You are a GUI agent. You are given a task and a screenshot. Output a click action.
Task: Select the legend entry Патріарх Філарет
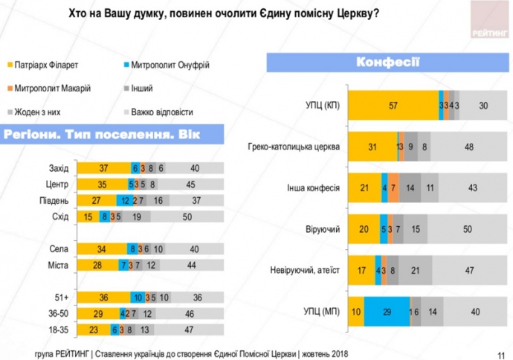click(x=41, y=66)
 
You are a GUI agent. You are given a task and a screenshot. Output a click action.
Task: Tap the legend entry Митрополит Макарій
click(x=45, y=89)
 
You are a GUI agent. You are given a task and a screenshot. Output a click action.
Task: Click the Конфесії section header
click(x=387, y=61)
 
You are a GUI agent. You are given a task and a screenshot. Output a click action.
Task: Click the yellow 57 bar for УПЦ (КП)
click(x=393, y=106)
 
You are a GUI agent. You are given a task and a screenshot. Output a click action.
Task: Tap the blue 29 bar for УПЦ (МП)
click(x=387, y=311)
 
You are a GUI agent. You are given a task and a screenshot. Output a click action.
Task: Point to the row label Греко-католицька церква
click(x=294, y=147)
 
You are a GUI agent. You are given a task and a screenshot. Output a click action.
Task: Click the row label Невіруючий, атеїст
click(x=304, y=270)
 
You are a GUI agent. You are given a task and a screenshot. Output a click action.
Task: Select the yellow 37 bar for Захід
click(x=103, y=168)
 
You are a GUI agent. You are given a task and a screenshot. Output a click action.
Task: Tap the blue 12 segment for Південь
click(x=126, y=199)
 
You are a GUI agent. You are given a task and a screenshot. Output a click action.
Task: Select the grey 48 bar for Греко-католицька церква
click(x=468, y=147)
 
